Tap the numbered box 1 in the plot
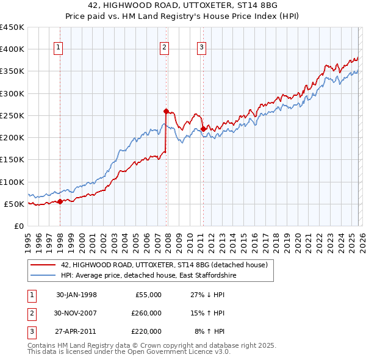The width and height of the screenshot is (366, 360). pyautogui.click(x=58, y=48)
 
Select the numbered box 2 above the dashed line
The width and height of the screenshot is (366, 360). pyautogui.click(x=165, y=48)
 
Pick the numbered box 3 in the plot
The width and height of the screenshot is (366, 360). pyautogui.click(x=201, y=48)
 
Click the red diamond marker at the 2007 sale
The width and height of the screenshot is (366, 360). pyautogui.click(x=166, y=111)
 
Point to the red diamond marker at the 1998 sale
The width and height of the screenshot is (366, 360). pyautogui.click(x=60, y=201)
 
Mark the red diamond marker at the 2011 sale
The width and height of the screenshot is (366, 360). pyautogui.click(x=203, y=129)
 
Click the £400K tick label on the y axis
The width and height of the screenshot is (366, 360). pyautogui.click(x=12, y=49)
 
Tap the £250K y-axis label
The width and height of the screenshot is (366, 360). pyautogui.click(x=12, y=115)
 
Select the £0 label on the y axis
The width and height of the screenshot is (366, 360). pyautogui.click(x=18, y=226)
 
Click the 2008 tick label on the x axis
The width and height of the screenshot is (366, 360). pyautogui.click(x=168, y=240)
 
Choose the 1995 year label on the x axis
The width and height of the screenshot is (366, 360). pyautogui.click(x=28, y=240)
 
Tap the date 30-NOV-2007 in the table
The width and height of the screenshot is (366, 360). pyautogui.click(x=76, y=313)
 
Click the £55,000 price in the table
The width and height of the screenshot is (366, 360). pyautogui.click(x=146, y=295)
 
